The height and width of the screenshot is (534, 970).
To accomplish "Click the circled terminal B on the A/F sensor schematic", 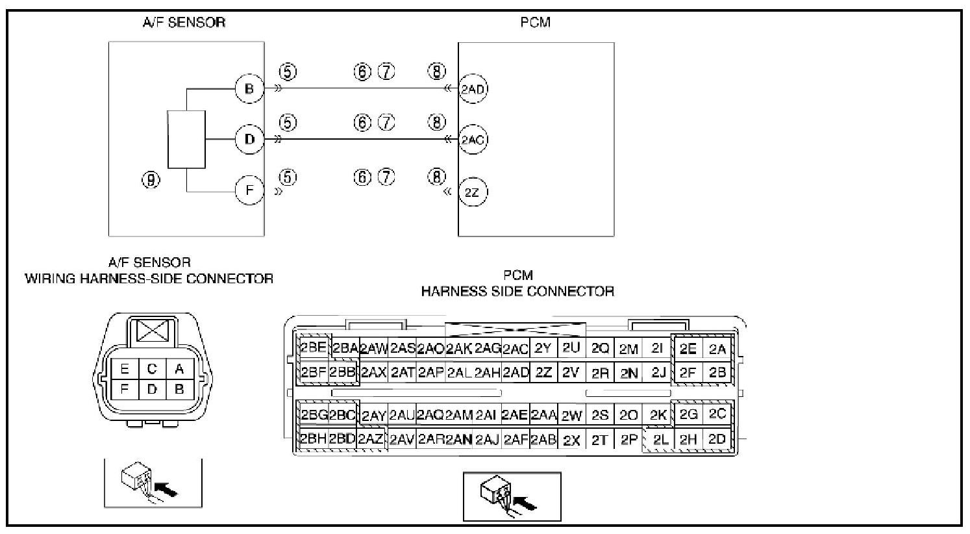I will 249,88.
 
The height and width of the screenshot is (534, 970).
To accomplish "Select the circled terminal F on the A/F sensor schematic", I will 249,192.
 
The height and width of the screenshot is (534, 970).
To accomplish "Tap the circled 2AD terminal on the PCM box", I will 473,89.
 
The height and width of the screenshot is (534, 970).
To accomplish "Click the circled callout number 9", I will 151,179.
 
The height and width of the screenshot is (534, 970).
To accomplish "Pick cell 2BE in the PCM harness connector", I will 313,347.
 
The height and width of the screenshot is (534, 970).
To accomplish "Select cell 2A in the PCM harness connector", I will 717,349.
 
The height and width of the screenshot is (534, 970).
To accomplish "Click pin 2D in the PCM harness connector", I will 717,439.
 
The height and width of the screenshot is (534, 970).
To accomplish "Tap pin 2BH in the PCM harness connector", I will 313,439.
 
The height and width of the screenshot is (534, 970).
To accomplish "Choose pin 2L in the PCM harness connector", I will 660,440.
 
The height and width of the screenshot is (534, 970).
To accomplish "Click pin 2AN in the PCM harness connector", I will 458,440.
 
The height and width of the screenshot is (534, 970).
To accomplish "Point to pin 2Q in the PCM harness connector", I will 601,349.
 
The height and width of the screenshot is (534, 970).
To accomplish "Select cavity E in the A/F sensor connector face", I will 125,370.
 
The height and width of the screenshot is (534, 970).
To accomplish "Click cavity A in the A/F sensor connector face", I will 179,370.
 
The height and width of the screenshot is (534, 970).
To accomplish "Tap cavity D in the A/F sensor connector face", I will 152,389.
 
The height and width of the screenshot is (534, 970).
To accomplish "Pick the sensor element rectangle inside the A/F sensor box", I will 186,140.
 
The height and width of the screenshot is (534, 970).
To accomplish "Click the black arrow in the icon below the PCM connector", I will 525,502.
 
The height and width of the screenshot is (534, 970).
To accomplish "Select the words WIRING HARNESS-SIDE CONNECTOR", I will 149,279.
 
